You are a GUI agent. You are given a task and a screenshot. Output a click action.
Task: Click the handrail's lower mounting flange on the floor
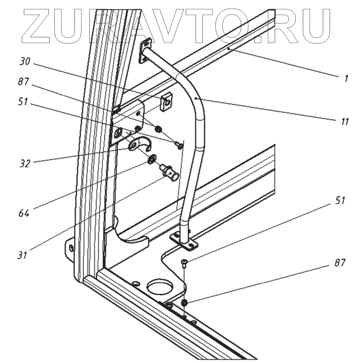point(184,241)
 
